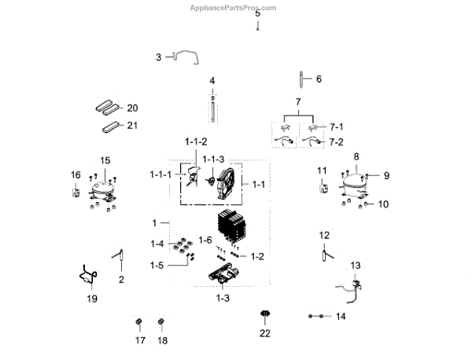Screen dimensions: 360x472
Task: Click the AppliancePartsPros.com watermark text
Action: tap(234, 8)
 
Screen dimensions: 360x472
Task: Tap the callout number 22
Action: tap(265, 333)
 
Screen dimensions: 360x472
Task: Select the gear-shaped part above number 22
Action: tap(265, 316)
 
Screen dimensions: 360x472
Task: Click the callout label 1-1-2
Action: tap(196, 141)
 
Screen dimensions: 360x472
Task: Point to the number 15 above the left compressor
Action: tap(105, 160)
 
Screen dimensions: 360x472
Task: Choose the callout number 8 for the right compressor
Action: tap(356, 156)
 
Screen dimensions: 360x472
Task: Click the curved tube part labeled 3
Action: tap(187, 55)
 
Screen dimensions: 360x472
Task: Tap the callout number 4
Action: tap(212, 81)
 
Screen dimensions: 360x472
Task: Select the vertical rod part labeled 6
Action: tap(303, 79)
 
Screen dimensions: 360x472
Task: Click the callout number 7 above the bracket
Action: tap(298, 103)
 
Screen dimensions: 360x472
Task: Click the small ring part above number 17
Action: tap(139, 323)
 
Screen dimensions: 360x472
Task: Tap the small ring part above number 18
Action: tap(161, 323)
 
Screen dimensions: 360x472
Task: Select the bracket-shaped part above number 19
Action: tap(88, 274)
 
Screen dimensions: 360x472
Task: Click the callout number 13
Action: tap(356, 265)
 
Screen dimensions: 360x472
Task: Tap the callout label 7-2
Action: tap(336, 142)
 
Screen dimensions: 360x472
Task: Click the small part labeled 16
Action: tap(76, 191)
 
